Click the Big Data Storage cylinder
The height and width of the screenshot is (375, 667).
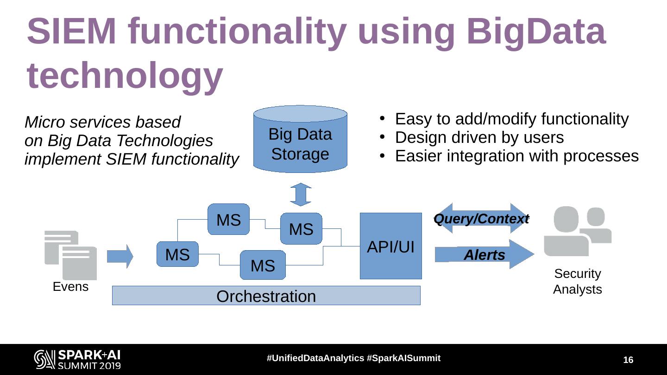point(300,141)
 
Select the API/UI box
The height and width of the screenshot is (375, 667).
point(390,246)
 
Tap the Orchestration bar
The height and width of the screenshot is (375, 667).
point(266,296)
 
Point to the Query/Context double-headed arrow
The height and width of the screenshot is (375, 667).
point(481,218)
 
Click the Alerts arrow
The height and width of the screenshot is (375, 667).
point(484,254)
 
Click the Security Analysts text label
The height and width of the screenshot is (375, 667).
point(577,281)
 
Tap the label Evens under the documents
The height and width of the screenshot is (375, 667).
point(70,287)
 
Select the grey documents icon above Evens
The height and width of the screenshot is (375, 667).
point(70,255)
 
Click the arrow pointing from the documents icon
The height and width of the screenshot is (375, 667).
point(120,256)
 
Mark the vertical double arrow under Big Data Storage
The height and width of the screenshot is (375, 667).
point(301,194)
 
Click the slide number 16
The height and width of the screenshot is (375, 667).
point(628,360)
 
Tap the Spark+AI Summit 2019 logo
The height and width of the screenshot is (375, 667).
point(77,359)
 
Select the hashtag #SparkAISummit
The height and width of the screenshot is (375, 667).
point(403,358)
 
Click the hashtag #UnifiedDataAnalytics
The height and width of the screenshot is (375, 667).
point(315,358)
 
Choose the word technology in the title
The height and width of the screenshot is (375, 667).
point(125,75)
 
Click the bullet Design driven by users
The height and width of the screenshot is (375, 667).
point(479,137)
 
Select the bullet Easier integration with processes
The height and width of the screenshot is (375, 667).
point(516,156)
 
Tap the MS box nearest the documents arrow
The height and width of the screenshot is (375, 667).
point(177,254)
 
